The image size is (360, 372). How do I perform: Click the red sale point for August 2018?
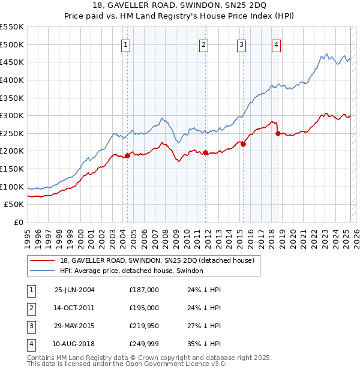(x=278, y=133)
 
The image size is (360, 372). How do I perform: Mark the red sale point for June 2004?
(x=128, y=156)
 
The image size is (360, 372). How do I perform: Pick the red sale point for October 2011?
(x=205, y=153)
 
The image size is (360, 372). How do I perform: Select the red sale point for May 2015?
(x=244, y=144)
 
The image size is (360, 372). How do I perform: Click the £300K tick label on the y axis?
(x=12, y=115)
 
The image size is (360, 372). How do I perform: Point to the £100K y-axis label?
(x=12, y=187)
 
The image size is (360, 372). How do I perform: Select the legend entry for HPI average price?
(x=131, y=271)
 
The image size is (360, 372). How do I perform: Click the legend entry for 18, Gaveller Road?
(x=157, y=260)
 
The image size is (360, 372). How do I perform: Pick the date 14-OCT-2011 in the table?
(x=74, y=308)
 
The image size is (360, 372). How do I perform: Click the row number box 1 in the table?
(x=29, y=290)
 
